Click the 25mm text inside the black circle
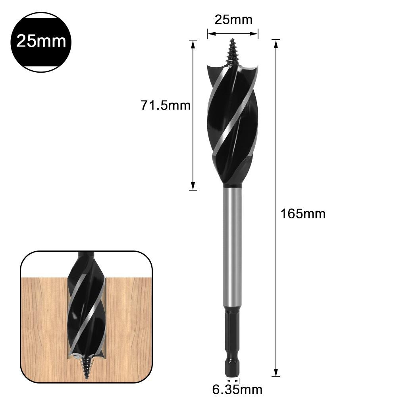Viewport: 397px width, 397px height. pyautogui.click(x=41, y=41)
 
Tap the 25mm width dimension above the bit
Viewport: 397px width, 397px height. pyautogui.click(x=233, y=19)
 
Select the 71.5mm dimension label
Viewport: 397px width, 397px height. pyautogui.click(x=165, y=105)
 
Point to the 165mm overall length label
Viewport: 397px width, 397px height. pyautogui.click(x=303, y=214)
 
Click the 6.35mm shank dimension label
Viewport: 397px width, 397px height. pyautogui.click(x=237, y=389)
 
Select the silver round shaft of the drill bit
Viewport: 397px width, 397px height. pyautogui.click(x=232, y=246)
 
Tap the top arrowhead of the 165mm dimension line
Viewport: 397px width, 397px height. pyautogui.click(x=276, y=43)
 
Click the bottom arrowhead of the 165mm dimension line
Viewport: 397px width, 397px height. pyautogui.click(x=276, y=373)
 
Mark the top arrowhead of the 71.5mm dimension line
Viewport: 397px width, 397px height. pyautogui.click(x=193, y=43)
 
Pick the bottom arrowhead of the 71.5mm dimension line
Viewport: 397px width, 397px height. pyautogui.click(x=193, y=187)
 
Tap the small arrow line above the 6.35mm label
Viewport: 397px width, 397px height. pyautogui.click(x=233, y=380)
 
